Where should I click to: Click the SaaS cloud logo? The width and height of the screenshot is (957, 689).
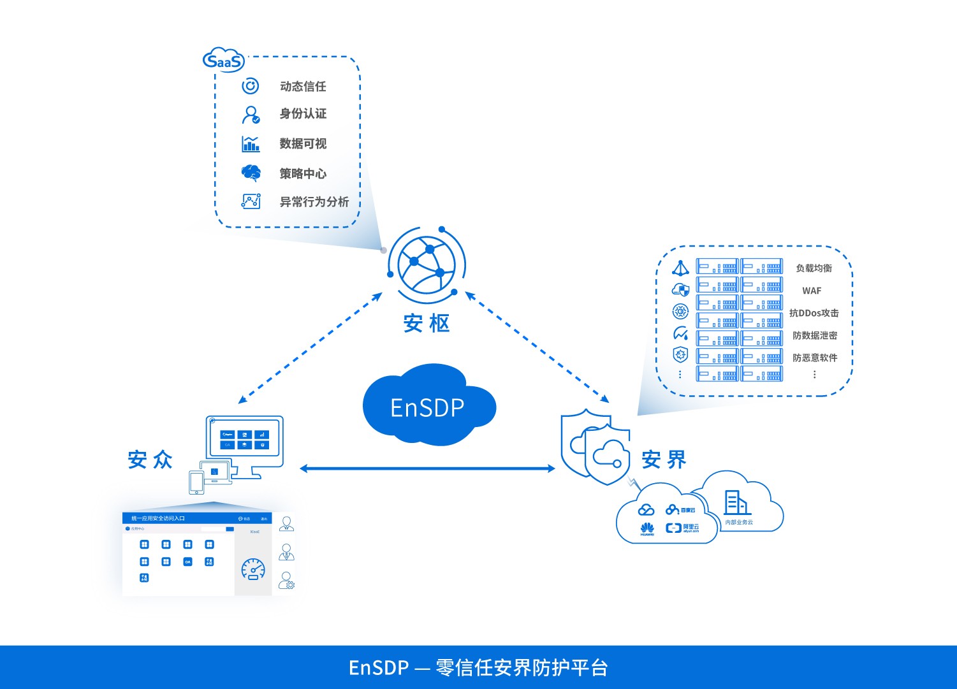click(223, 61)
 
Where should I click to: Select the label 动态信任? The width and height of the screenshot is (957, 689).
click(303, 86)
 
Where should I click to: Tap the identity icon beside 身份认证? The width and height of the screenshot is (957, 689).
click(251, 115)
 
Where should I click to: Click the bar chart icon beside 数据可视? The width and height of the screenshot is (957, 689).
click(251, 143)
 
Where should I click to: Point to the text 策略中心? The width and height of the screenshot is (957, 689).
click(303, 173)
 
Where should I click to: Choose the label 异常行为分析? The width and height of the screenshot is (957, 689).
click(314, 202)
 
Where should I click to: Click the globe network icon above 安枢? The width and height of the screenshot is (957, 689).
click(427, 264)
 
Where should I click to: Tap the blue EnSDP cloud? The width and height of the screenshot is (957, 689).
click(428, 407)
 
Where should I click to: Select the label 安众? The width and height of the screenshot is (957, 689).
click(150, 460)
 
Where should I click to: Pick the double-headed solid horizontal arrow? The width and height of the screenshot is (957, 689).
click(427, 468)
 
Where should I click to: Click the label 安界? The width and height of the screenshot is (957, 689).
click(664, 460)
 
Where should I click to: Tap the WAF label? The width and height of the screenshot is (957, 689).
click(812, 291)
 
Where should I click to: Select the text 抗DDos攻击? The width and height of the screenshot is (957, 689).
click(814, 313)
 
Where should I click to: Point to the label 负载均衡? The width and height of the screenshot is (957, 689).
click(814, 268)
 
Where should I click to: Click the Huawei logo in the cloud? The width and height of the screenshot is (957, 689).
click(647, 528)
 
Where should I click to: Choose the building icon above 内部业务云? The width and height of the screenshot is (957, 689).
click(736, 503)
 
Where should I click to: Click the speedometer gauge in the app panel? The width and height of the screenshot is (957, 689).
click(253, 569)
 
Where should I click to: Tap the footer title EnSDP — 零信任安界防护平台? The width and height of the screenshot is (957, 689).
click(478, 667)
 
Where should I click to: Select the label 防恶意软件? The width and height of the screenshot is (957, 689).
click(815, 358)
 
